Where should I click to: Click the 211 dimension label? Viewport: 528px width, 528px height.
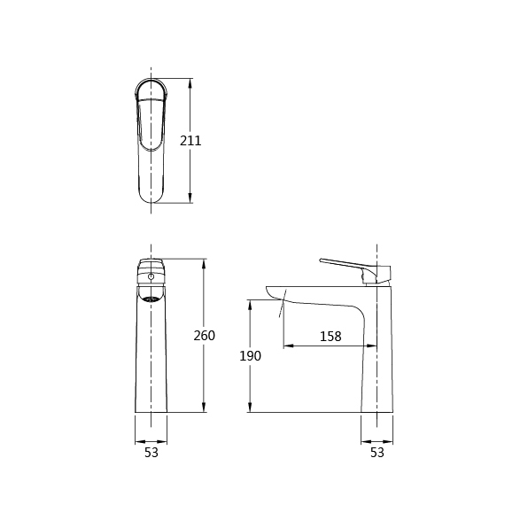pyautogui.click(x=190, y=141)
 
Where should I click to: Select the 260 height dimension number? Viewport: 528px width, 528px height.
pyautogui.click(x=204, y=336)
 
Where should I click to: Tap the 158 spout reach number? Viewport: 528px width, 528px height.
pyautogui.click(x=330, y=336)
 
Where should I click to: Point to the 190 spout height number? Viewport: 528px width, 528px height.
pyautogui.click(x=250, y=356)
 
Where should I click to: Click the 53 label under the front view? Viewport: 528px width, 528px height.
pyautogui.click(x=151, y=453)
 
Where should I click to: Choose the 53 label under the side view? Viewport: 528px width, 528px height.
pyautogui.click(x=377, y=453)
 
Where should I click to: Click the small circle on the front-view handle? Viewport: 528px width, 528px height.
pyautogui.click(x=151, y=276)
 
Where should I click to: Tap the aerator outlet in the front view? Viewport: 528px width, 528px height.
pyautogui.click(x=151, y=299)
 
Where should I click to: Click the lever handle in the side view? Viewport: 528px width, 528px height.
pyautogui.click(x=357, y=269)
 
